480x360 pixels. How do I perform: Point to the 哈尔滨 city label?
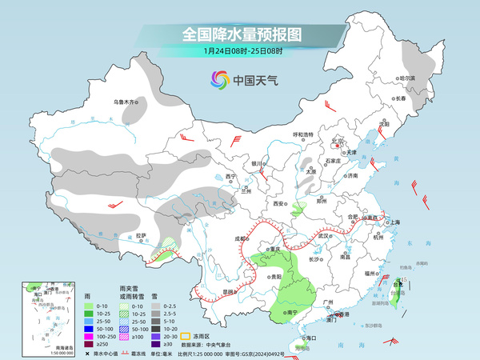pos(407,78)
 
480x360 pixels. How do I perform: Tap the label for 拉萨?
pos(142,235)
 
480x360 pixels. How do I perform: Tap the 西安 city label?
pos(278,204)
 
